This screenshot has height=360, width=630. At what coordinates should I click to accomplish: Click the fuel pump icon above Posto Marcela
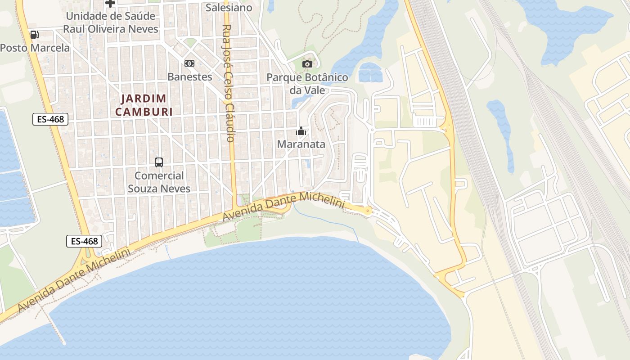(34, 35)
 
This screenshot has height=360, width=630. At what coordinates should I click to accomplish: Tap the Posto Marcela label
(35, 48)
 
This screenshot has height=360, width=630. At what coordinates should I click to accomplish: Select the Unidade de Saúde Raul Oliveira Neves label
(111, 22)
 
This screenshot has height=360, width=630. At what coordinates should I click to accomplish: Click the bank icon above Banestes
(189, 63)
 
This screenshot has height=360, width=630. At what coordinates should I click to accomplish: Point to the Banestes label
(189, 76)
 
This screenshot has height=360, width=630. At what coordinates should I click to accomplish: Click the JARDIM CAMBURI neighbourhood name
(144, 105)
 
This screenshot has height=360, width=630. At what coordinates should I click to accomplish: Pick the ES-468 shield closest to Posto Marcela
(50, 119)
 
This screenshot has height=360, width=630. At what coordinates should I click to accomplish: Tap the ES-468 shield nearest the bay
(84, 241)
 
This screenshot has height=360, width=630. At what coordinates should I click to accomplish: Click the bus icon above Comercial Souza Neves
(159, 162)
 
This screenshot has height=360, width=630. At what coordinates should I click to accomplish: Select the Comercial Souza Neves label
(159, 182)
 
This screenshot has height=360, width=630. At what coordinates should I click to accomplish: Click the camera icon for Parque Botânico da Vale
(307, 64)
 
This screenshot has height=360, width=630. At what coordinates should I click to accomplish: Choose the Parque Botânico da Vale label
(307, 83)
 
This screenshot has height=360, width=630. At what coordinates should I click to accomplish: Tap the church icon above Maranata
(301, 131)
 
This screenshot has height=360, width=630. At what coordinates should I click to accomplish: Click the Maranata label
(301, 144)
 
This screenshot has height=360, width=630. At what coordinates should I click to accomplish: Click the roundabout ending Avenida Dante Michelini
(368, 211)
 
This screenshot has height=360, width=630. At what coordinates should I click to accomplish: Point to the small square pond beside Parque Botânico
(370, 72)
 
